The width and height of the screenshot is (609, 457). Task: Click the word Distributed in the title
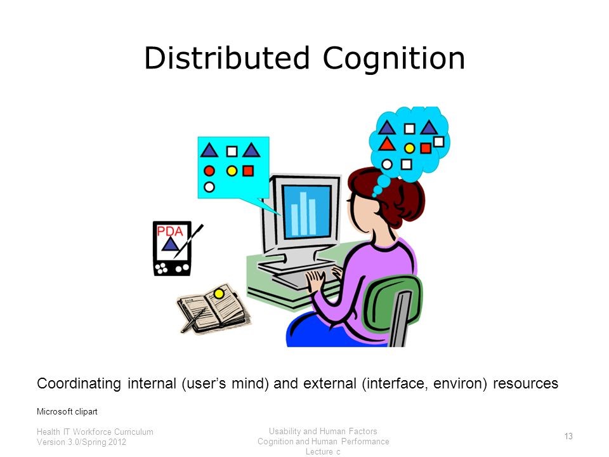click(226, 58)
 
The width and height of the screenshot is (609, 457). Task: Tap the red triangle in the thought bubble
click(386, 144)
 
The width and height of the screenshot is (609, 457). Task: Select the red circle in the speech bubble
click(209, 171)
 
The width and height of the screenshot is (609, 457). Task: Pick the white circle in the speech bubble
click(209, 187)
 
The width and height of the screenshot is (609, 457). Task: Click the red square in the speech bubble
click(248, 171)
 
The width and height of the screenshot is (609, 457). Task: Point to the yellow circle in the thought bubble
click(409, 148)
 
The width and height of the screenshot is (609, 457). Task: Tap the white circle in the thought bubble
click(387, 164)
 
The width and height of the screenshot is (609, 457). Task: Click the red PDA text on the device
click(170, 232)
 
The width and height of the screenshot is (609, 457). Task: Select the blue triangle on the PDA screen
click(170, 244)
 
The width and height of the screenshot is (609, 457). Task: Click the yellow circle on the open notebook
click(219, 294)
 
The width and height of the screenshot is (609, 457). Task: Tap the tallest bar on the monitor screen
click(303, 213)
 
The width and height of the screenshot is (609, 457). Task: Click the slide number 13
click(568, 437)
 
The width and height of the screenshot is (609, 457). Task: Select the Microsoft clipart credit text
click(67, 411)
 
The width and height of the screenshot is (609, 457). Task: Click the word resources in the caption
click(525, 383)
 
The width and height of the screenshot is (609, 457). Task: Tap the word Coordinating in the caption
click(79, 384)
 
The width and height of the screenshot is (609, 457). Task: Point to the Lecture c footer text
click(323, 451)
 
